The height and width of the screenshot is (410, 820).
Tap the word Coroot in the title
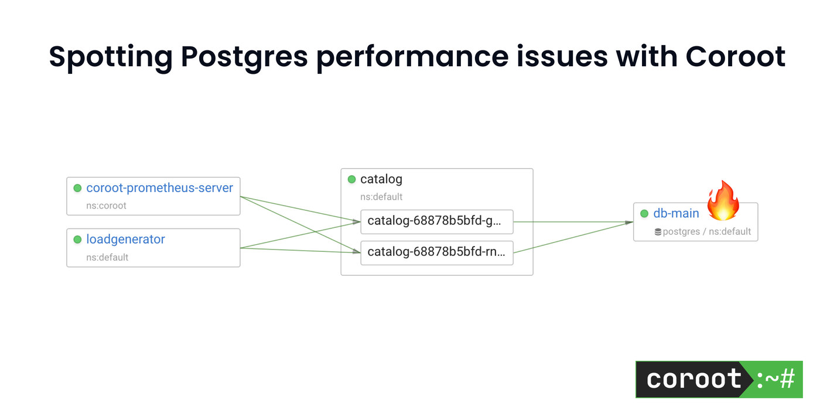735,57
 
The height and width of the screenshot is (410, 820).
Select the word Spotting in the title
111,57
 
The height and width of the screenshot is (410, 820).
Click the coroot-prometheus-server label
159,188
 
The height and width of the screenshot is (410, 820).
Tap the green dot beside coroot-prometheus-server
77,188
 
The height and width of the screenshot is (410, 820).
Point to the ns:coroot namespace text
106,206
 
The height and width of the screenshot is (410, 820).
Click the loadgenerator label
125,240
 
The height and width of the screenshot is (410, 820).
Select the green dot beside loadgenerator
77,240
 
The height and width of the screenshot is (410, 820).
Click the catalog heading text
381,179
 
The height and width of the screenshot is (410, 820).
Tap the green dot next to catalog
351,179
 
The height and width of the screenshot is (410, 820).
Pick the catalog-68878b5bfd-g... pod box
436,221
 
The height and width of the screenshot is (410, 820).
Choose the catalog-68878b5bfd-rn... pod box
436,253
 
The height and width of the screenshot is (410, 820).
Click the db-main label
676,214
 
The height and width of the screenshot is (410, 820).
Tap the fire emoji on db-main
722,201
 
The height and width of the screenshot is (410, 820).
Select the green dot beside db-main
644,214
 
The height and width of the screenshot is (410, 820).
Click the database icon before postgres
658,232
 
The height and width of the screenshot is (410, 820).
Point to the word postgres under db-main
681,232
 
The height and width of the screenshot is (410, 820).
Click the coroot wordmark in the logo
693,380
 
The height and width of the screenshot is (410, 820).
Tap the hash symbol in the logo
788,380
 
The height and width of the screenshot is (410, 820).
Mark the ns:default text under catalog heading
381,197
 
